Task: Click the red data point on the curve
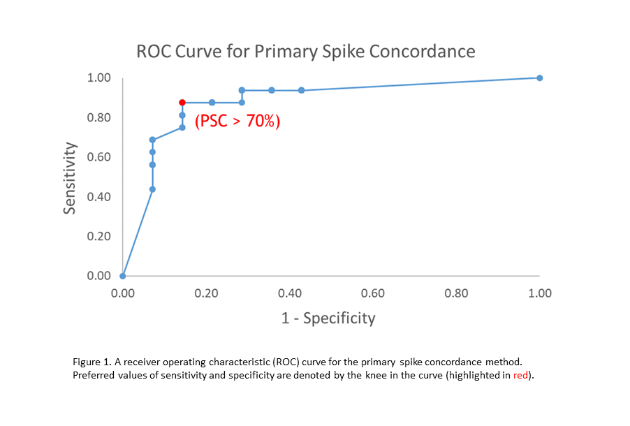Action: [182, 102]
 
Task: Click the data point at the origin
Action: [123, 276]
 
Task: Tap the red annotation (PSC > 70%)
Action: [237, 122]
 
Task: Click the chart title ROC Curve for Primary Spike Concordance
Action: [305, 51]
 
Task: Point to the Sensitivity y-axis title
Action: [70, 177]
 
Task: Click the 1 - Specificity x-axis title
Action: [328, 318]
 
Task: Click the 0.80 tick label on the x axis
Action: [456, 293]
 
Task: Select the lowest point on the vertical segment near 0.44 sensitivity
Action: [152, 189]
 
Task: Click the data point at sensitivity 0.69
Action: [152, 140]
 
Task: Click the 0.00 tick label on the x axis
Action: [123, 293]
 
